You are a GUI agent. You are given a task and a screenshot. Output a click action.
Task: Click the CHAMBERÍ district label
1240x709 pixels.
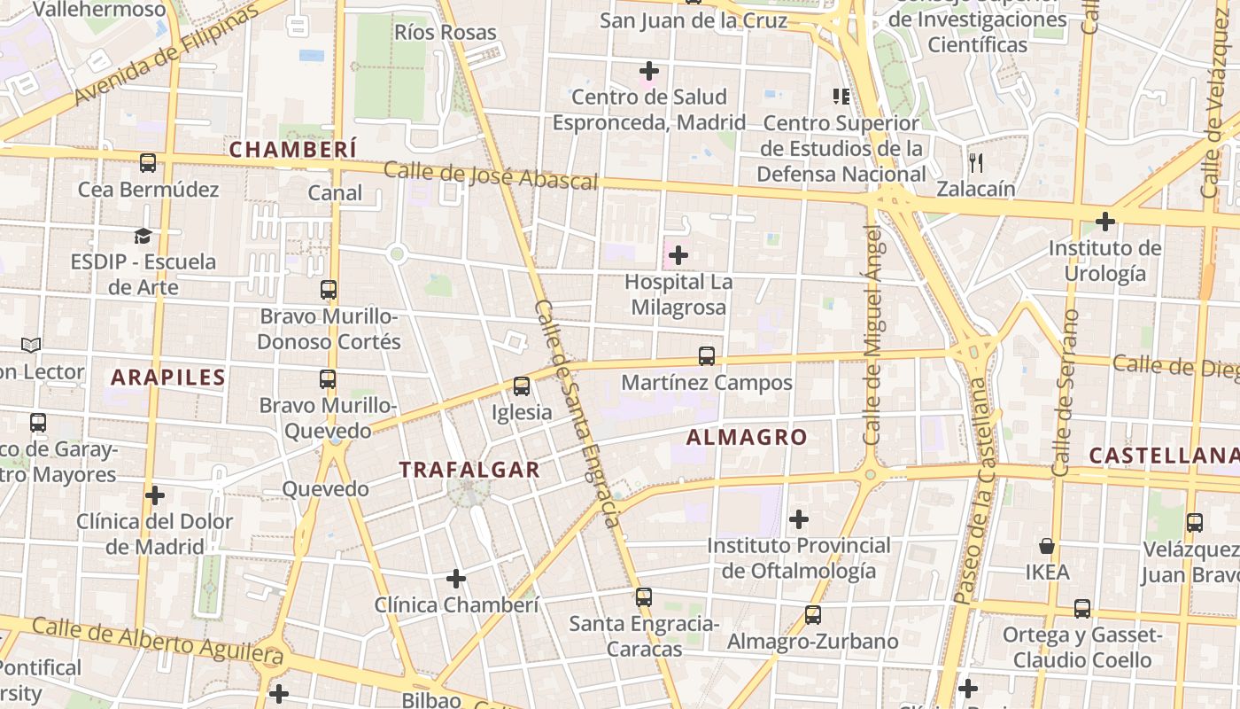tap(293, 149)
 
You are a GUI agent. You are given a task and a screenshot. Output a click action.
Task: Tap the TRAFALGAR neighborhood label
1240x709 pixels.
tap(469, 470)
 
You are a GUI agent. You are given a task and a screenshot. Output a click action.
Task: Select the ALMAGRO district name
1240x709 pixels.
tap(747, 437)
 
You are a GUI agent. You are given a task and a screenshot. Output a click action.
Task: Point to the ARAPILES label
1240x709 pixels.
tap(168, 378)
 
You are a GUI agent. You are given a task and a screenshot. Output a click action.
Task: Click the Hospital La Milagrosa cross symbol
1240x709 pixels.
tap(678, 256)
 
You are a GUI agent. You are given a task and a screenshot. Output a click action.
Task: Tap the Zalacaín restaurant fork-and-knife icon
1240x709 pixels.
tap(976, 163)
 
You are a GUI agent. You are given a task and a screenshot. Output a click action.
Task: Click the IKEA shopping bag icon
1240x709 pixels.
tap(1047, 546)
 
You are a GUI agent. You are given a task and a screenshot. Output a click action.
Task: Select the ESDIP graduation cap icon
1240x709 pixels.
tap(143, 236)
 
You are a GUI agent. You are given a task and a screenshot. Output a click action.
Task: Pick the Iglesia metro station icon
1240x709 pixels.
tap(522, 386)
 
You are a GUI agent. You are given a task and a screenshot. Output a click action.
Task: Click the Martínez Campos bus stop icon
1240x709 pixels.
tap(706, 356)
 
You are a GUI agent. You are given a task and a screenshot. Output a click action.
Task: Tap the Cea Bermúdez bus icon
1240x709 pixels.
tap(148, 163)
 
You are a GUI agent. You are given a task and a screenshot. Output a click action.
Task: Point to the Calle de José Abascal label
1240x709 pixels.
tap(491, 175)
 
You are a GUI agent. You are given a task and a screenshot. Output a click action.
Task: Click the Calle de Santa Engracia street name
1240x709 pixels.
tap(577, 412)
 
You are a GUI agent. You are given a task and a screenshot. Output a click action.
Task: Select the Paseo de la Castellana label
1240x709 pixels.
tap(973, 492)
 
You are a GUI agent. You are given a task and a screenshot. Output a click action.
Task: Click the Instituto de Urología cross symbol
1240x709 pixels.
tap(1104, 221)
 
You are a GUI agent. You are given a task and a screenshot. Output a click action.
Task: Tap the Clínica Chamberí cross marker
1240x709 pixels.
tap(456, 580)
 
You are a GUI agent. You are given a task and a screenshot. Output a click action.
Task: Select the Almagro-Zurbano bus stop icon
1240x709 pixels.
tap(813, 615)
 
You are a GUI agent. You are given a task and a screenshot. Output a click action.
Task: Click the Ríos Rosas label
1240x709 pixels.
tap(446, 33)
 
